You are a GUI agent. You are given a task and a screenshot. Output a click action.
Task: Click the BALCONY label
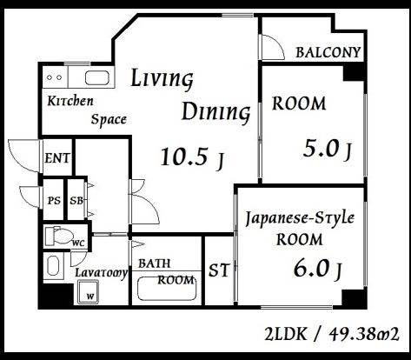coord(328,52)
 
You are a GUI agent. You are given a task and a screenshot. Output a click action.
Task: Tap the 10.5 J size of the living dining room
coord(192,158)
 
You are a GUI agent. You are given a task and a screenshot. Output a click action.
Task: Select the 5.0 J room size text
coord(328,150)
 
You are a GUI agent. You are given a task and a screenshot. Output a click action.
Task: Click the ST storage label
coord(219,270)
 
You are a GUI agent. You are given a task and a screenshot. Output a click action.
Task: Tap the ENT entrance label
coord(57,158)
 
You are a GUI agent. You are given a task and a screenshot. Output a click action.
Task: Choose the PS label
coord(54,200)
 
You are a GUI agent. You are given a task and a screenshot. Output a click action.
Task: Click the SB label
coord(76,200)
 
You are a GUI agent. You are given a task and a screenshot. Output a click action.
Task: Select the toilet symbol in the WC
coord(59,236)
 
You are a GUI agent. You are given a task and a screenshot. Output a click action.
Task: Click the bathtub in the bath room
coord(167,289)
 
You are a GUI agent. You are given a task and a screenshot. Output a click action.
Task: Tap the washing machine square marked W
coord(88,292)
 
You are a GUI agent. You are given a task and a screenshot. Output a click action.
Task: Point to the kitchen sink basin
coord(97,77)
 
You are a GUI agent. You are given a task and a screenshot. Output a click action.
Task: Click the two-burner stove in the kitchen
coord(55,77)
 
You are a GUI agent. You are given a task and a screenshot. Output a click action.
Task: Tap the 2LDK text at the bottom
coord(285,334)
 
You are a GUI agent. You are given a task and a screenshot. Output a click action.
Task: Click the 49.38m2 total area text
coord(364,334)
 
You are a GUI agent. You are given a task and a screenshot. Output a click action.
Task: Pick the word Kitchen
coord(70,101)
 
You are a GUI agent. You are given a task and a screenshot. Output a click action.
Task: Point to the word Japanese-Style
coord(300,219)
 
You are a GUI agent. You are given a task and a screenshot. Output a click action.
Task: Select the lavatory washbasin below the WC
coord(54,266)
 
